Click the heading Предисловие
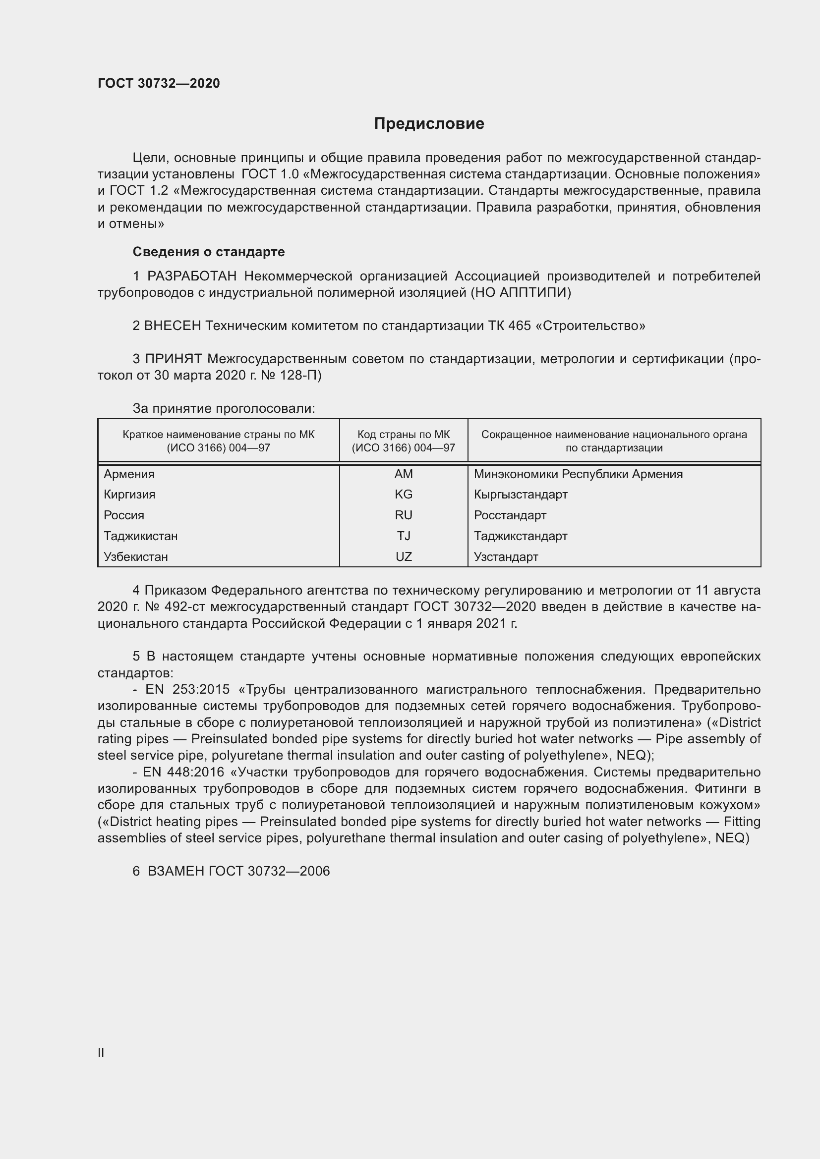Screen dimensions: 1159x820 click(x=429, y=124)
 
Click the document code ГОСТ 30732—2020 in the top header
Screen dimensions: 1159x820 click(x=159, y=83)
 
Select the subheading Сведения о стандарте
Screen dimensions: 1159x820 click(x=209, y=252)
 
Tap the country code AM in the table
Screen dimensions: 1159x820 click(x=404, y=474)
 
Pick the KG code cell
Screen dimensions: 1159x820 click(x=404, y=494)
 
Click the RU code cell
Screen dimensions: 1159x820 click(x=404, y=515)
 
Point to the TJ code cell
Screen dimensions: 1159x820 click(x=404, y=536)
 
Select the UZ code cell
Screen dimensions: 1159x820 click(x=404, y=557)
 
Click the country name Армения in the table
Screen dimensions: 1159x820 click(x=129, y=474)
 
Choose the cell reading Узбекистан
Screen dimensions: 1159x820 click(x=136, y=557)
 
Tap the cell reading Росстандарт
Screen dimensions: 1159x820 click(x=510, y=515)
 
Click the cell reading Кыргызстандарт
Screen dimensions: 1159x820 click(x=521, y=494)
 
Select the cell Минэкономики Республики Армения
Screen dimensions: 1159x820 click(x=578, y=474)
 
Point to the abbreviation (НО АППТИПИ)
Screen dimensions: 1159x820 click(x=521, y=293)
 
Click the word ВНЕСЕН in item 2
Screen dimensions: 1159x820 click(x=173, y=326)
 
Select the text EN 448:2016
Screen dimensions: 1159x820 click(x=183, y=773)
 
